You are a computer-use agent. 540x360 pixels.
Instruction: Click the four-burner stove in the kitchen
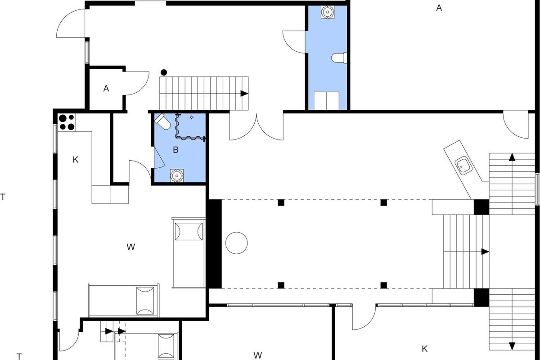(67, 122)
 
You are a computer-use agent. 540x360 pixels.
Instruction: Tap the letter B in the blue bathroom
(176, 150)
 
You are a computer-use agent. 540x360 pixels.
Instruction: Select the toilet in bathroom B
(163, 122)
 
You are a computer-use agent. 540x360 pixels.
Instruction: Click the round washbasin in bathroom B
(177, 176)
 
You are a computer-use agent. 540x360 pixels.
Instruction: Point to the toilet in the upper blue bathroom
(339, 58)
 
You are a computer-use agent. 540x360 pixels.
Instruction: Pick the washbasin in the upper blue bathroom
(328, 12)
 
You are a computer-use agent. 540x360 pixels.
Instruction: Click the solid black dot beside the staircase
(164, 72)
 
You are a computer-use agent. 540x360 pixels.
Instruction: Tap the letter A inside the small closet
(106, 89)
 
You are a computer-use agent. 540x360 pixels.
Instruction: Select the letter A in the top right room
(439, 8)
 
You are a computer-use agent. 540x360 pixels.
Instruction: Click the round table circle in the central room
(237, 243)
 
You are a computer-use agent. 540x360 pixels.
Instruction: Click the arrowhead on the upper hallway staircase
(244, 94)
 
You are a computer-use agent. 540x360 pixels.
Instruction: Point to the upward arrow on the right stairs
(512, 157)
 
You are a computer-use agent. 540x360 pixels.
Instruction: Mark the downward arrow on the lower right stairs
(512, 346)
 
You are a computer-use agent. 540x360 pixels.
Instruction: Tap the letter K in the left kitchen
(76, 160)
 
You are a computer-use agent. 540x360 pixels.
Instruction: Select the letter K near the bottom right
(424, 349)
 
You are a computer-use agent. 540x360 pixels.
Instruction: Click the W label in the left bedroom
(130, 247)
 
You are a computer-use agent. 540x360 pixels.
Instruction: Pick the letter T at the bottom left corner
(19, 356)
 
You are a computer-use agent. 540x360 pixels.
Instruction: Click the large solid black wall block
(214, 244)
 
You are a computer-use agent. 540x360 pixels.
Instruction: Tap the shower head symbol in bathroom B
(192, 117)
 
